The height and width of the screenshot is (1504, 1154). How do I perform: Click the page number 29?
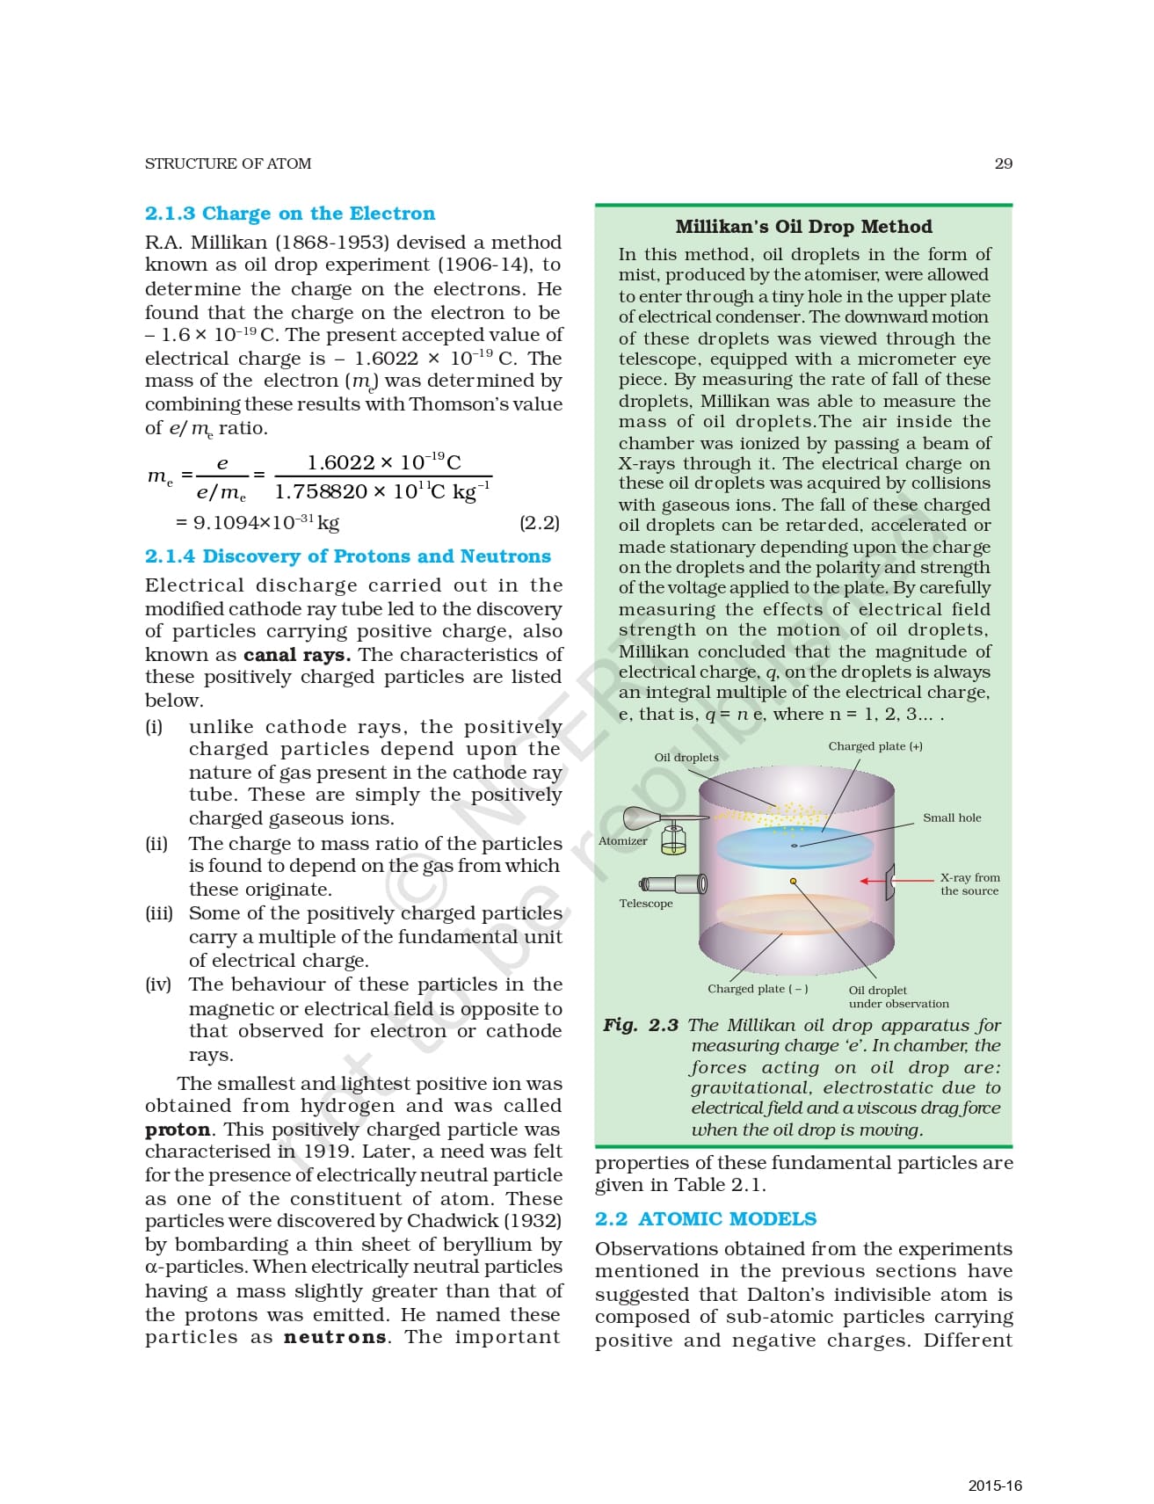click(1003, 163)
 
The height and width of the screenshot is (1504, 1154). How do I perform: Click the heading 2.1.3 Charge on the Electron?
click(289, 214)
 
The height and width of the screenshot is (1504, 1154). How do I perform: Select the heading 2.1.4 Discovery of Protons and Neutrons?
click(347, 556)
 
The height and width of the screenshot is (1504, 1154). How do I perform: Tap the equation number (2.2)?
click(539, 523)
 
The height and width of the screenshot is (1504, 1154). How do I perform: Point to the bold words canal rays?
click(297, 655)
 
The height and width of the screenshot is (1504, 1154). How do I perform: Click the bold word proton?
click(178, 1130)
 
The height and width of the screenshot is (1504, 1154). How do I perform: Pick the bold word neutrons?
click(335, 1338)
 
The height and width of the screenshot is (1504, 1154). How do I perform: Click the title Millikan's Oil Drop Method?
click(803, 227)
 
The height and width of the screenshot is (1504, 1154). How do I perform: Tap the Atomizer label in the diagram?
click(622, 841)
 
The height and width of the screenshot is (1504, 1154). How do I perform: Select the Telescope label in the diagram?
click(645, 904)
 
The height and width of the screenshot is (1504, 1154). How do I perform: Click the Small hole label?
click(952, 818)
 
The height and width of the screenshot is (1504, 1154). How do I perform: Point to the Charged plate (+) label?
click(875, 746)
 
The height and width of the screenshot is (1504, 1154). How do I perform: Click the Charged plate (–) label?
click(758, 989)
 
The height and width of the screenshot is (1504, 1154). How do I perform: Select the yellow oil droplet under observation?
click(793, 881)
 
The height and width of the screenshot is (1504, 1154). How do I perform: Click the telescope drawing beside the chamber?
click(673, 883)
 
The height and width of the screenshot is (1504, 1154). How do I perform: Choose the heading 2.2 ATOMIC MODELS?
click(705, 1219)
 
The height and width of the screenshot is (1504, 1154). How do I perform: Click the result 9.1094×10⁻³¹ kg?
click(257, 523)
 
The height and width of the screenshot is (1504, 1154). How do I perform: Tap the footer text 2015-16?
click(995, 1486)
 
